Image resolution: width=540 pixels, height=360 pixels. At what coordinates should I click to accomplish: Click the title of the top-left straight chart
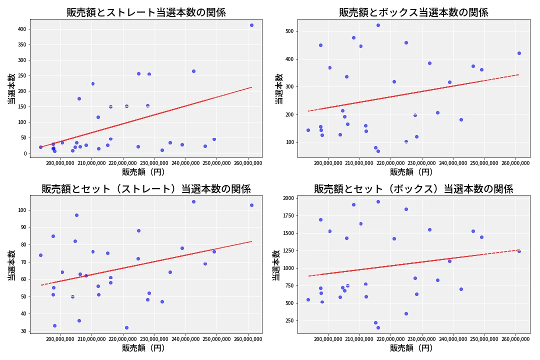click(146, 12)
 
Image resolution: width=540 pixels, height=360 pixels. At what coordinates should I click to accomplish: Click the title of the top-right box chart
click(413, 12)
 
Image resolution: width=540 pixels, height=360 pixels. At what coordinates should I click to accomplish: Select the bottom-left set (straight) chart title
click(146, 189)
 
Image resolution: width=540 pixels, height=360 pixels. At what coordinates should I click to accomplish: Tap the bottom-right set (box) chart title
click(413, 189)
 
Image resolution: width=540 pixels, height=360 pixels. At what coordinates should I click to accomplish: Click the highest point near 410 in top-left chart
click(251, 25)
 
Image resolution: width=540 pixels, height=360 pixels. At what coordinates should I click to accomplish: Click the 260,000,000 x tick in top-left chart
click(248, 163)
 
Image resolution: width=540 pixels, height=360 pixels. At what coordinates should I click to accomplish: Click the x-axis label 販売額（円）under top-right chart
click(413, 172)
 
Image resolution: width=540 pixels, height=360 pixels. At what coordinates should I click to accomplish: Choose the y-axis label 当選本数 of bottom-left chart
click(10, 265)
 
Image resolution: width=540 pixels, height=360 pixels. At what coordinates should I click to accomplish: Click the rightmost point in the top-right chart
click(519, 53)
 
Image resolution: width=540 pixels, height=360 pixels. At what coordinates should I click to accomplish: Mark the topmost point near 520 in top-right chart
click(378, 25)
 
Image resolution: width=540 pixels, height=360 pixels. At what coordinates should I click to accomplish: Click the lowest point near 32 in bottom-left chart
click(126, 327)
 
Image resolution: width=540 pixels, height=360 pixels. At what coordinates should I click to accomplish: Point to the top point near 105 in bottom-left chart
click(193, 201)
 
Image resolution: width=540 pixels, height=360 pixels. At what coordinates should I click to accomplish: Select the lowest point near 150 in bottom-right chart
click(378, 327)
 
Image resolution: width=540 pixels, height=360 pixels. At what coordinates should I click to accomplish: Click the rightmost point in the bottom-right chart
click(519, 251)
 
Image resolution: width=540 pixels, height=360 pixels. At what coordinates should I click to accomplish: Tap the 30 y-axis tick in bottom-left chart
click(21, 331)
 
